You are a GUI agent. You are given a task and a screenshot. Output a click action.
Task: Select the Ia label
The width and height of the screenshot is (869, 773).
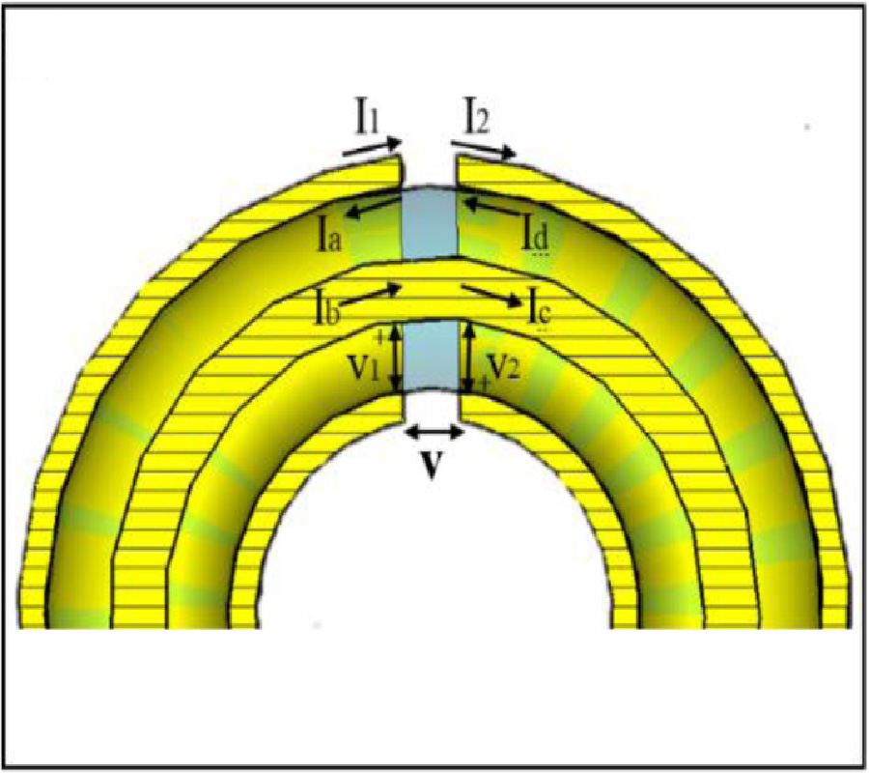[328, 239]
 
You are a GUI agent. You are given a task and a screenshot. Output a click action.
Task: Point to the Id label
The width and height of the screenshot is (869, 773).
[536, 237]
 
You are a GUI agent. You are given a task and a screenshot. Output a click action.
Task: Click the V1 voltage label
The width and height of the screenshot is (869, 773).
[364, 367]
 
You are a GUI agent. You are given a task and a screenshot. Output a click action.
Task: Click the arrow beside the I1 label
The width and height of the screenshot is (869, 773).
[373, 148]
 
